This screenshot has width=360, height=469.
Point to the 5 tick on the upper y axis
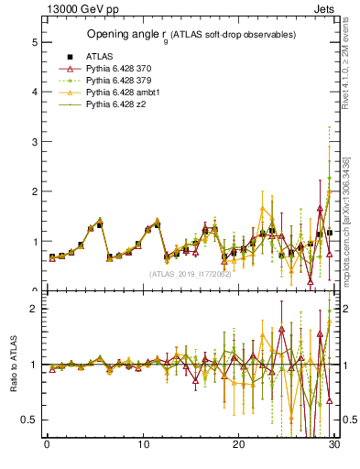[x=34, y=42]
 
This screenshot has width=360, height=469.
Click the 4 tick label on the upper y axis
[x=34, y=92]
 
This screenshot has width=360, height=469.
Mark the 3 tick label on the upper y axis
[x=34, y=142]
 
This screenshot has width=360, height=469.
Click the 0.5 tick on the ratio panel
[x=30, y=420]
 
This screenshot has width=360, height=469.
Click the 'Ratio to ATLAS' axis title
[x=13, y=365]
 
